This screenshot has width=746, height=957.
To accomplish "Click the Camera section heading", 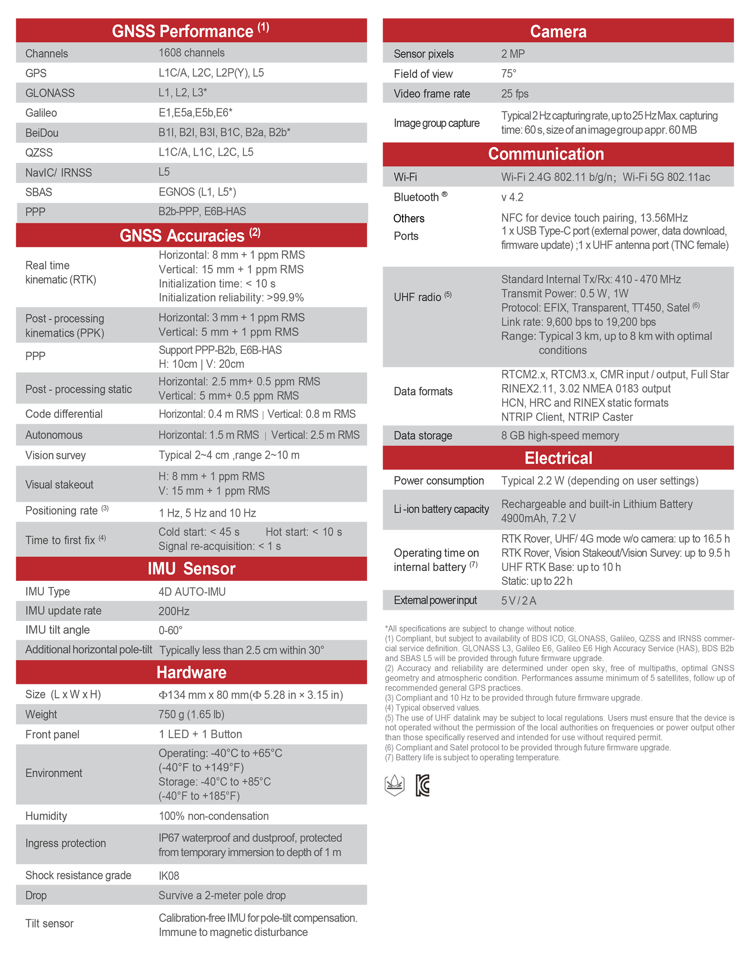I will [x=558, y=31].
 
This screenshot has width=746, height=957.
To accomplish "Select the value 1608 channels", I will [x=192, y=53].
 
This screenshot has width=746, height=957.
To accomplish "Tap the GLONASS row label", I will [x=50, y=93].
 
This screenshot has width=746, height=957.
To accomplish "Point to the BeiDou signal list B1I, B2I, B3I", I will [x=224, y=132].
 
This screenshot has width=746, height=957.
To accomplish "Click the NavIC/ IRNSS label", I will [x=59, y=173].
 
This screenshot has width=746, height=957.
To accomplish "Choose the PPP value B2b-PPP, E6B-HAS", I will [x=202, y=212].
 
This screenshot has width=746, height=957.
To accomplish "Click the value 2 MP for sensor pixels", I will [x=513, y=54].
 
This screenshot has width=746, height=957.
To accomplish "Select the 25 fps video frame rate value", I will [x=514, y=94].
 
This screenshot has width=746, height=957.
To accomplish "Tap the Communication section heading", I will [x=546, y=154].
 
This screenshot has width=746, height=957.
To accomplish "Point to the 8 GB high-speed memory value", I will [x=560, y=435].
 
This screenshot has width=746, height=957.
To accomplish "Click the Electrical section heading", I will [x=558, y=458].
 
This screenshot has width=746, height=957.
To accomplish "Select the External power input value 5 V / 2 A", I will [x=519, y=600].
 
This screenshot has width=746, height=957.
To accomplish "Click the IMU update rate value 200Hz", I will [x=174, y=611].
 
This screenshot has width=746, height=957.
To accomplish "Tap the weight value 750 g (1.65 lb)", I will [x=191, y=715].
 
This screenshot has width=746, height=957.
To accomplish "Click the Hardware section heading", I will [x=192, y=673].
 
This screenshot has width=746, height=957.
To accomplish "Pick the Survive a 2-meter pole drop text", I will [x=222, y=896].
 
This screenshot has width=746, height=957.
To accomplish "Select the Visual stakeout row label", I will [x=59, y=485].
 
